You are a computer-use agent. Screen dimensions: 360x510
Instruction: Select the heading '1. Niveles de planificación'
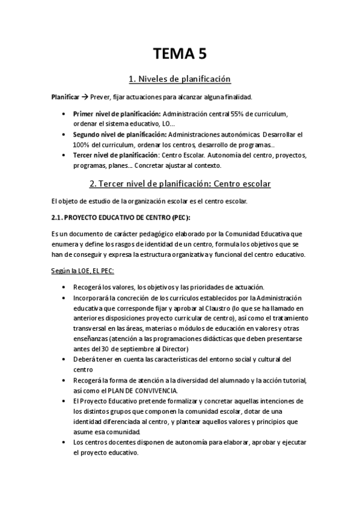pos(180,79)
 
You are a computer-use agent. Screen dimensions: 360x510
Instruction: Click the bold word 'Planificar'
pos(65,97)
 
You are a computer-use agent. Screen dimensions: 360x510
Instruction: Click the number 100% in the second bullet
pos(81,144)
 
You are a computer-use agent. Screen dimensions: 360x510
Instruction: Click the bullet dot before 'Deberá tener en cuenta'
pos(65,359)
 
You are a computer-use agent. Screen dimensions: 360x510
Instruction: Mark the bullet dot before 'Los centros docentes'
pos(65,442)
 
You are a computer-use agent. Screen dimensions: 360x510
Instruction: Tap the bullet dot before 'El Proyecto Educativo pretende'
pos(65,401)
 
